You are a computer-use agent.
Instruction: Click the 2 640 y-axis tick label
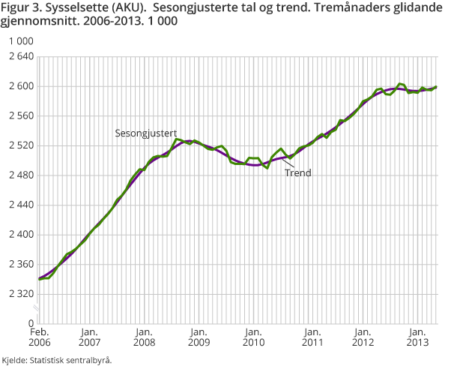(x=18, y=57)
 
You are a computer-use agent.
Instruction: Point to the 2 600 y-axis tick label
(x=18, y=86)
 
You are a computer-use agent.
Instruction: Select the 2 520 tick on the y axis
(x=18, y=145)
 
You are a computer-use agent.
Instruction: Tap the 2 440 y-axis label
(x=18, y=205)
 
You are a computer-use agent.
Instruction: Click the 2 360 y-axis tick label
(x=18, y=264)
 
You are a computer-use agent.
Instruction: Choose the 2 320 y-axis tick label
(x=18, y=294)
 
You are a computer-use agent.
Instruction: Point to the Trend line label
(x=297, y=172)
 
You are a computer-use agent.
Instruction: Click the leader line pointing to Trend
(x=288, y=163)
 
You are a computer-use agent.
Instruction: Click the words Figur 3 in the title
(x=21, y=9)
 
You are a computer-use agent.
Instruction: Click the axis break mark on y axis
(x=40, y=310)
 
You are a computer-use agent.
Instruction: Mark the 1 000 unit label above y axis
(x=16, y=41)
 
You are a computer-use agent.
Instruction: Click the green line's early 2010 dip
(x=267, y=167)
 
